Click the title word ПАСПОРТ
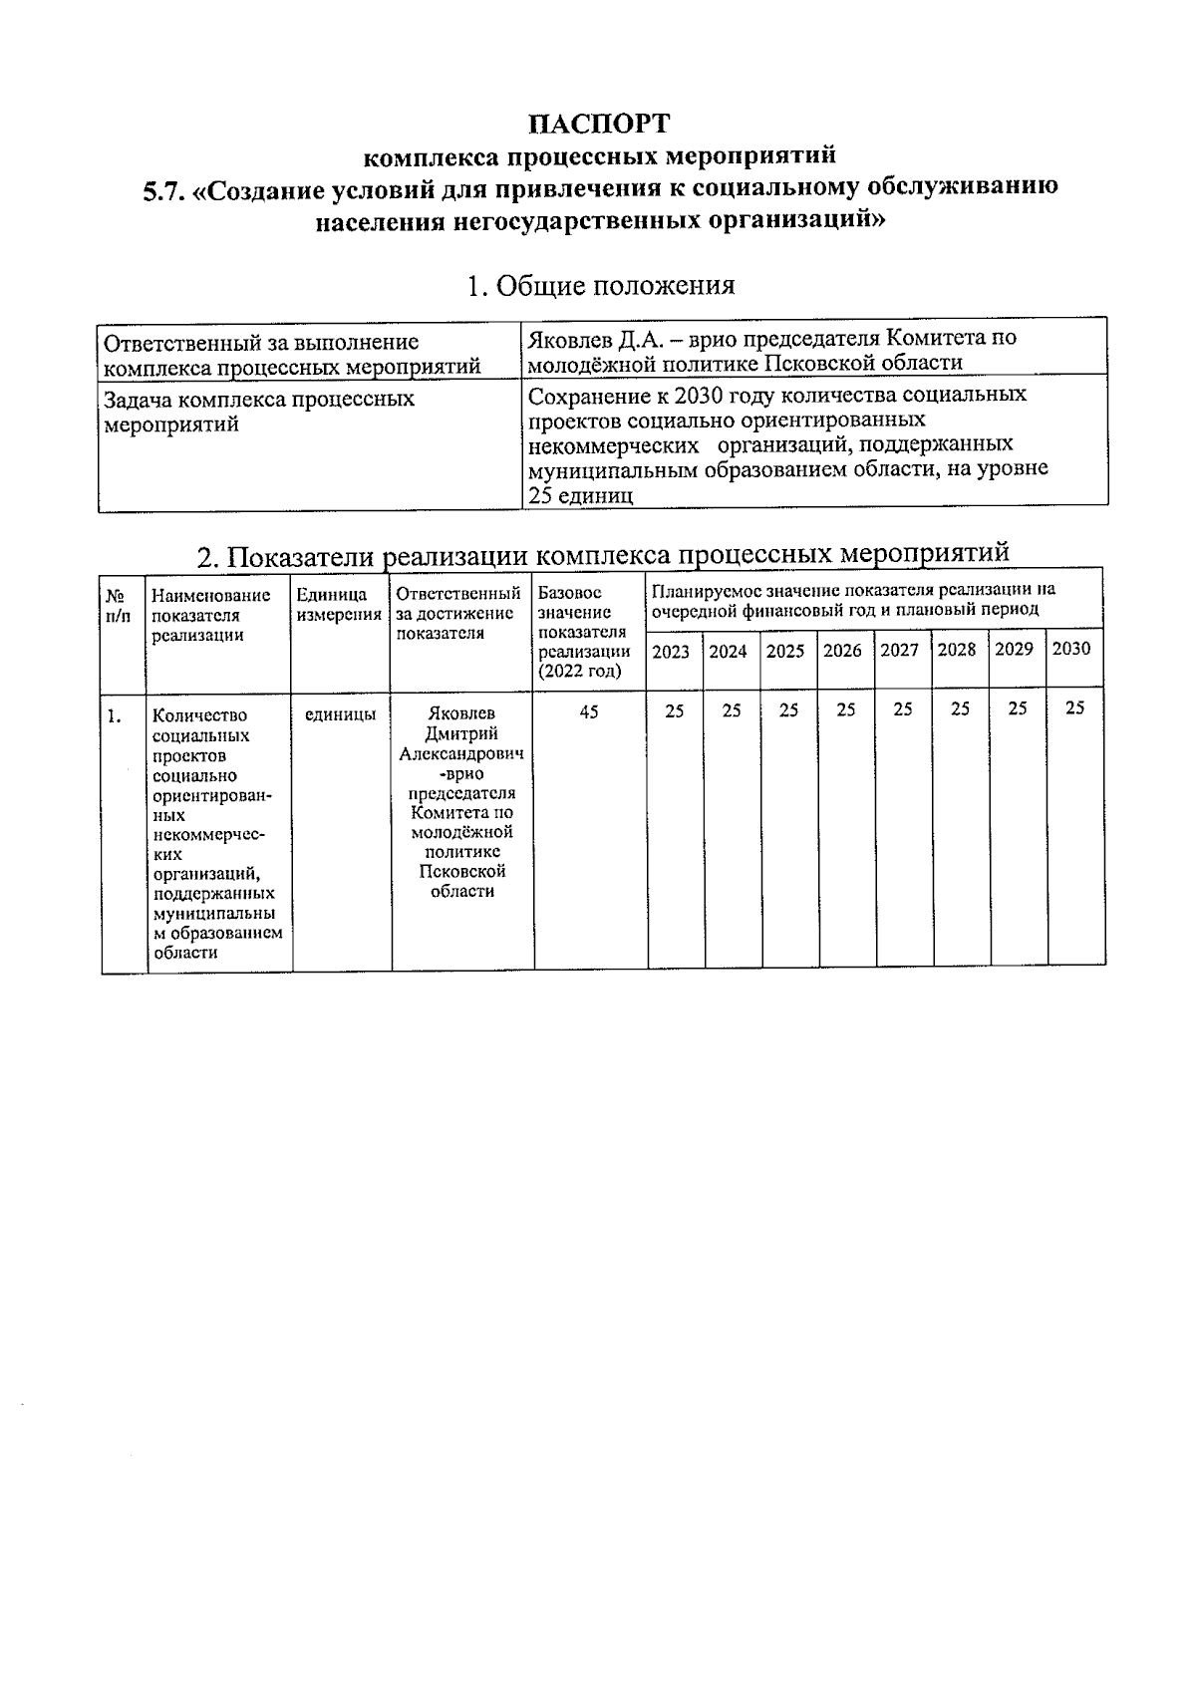598,124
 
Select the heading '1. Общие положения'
600,286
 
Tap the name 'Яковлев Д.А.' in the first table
588,338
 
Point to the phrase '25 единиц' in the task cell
580,495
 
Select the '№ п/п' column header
118,604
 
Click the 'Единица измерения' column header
339,604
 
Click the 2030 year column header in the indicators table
1071,649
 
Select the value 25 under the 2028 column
960,708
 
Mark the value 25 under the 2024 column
732,710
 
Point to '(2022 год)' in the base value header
579,671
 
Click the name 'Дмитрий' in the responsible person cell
460,734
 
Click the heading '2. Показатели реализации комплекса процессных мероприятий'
603,554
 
